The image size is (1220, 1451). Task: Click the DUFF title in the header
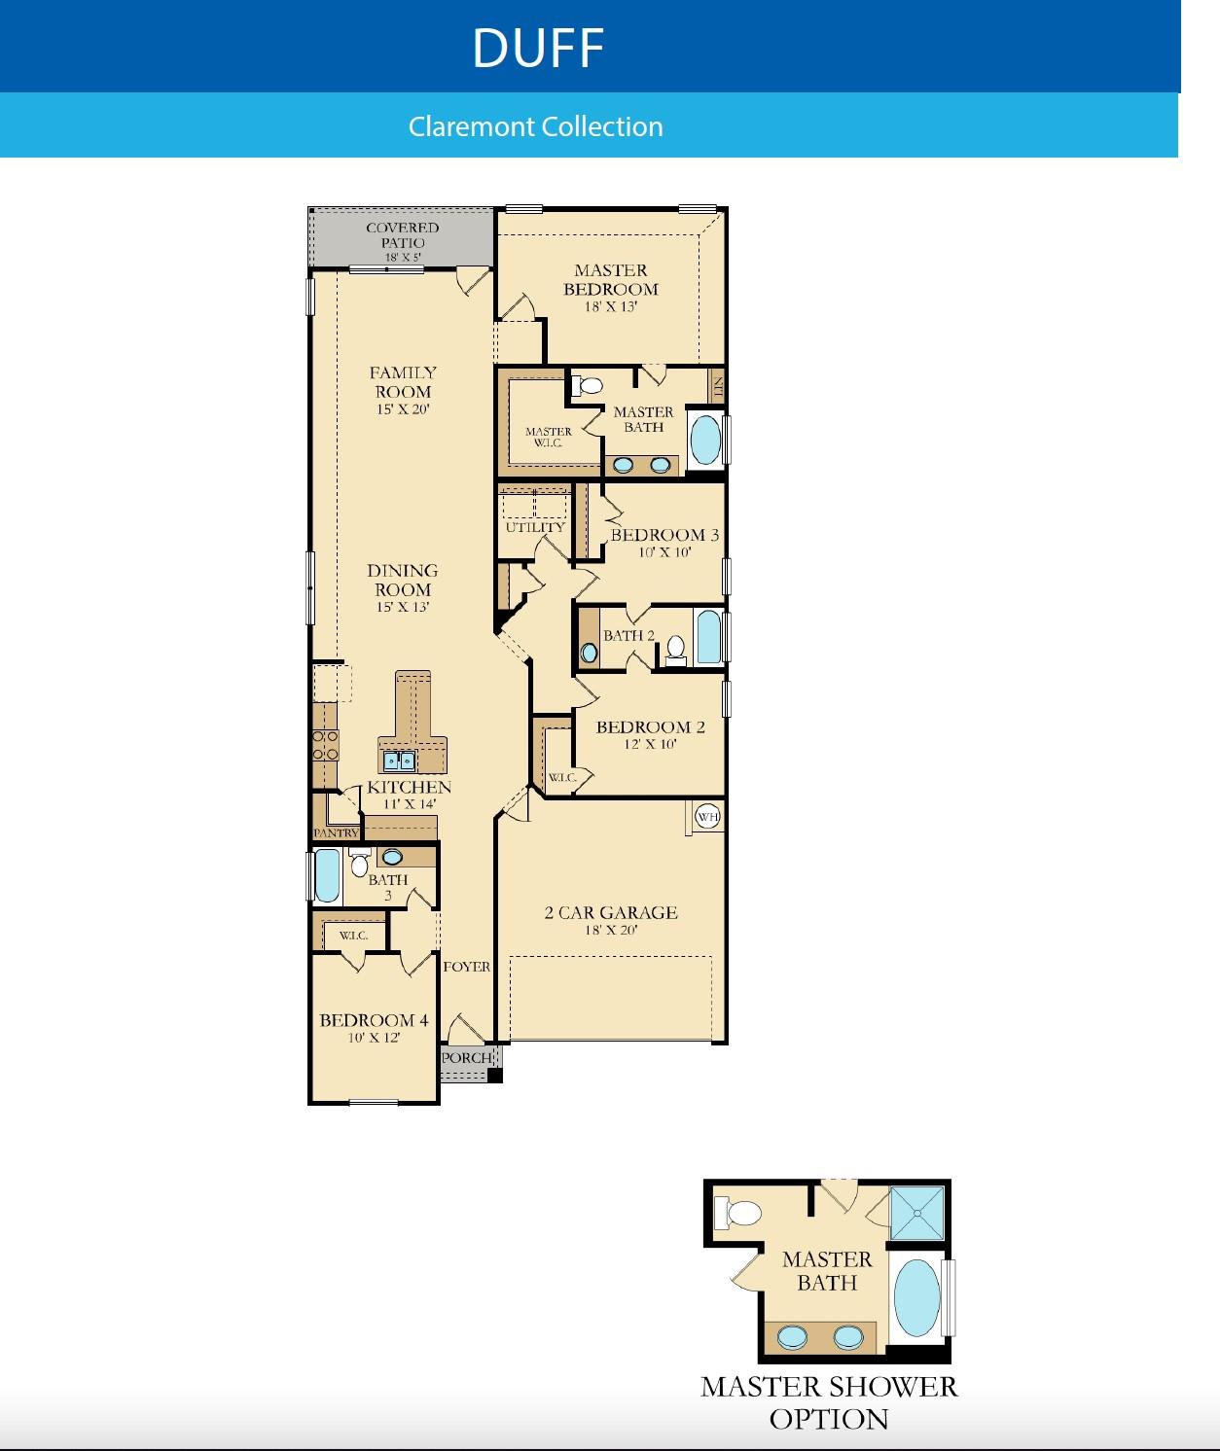pos(538,48)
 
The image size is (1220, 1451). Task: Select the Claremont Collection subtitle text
pos(535,126)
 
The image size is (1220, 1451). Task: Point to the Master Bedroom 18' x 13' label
pos(611,287)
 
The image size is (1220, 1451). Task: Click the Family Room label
pos(403,389)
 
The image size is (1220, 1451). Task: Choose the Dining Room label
pos(403,587)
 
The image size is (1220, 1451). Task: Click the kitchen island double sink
pos(399,761)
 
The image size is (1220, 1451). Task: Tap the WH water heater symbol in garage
pos(708,817)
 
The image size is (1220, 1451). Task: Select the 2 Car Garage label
pos(611,919)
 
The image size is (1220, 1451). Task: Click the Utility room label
pos(535,527)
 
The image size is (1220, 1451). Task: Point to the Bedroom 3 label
pos(664,542)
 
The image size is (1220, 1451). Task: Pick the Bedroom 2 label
pos(651,734)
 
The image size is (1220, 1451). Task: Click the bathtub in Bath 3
pos(327,876)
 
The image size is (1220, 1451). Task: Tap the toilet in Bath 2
pos(676,649)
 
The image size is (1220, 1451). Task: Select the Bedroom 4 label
pos(374,1027)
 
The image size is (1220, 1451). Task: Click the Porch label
pos(466,1058)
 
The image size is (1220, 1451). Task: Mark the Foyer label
pos(467,967)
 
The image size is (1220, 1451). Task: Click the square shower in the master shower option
pos(917,1213)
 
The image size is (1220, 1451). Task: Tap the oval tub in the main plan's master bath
pos(706,440)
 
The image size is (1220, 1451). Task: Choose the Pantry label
pos(336,833)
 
